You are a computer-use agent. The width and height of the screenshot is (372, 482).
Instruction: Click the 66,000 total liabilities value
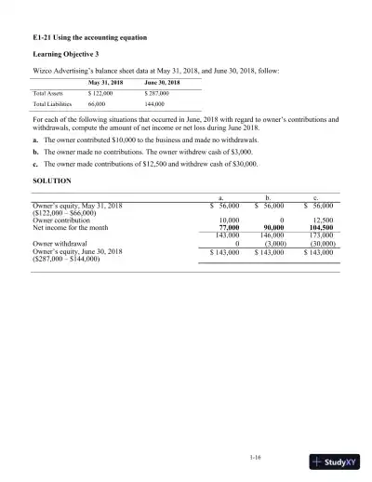[x=100, y=105]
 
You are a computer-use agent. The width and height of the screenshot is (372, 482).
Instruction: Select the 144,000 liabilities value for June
[x=156, y=105]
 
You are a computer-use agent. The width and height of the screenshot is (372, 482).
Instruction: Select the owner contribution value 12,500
[x=323, y=219]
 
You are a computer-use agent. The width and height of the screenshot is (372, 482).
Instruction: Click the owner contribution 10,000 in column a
[x=229, y=219]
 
